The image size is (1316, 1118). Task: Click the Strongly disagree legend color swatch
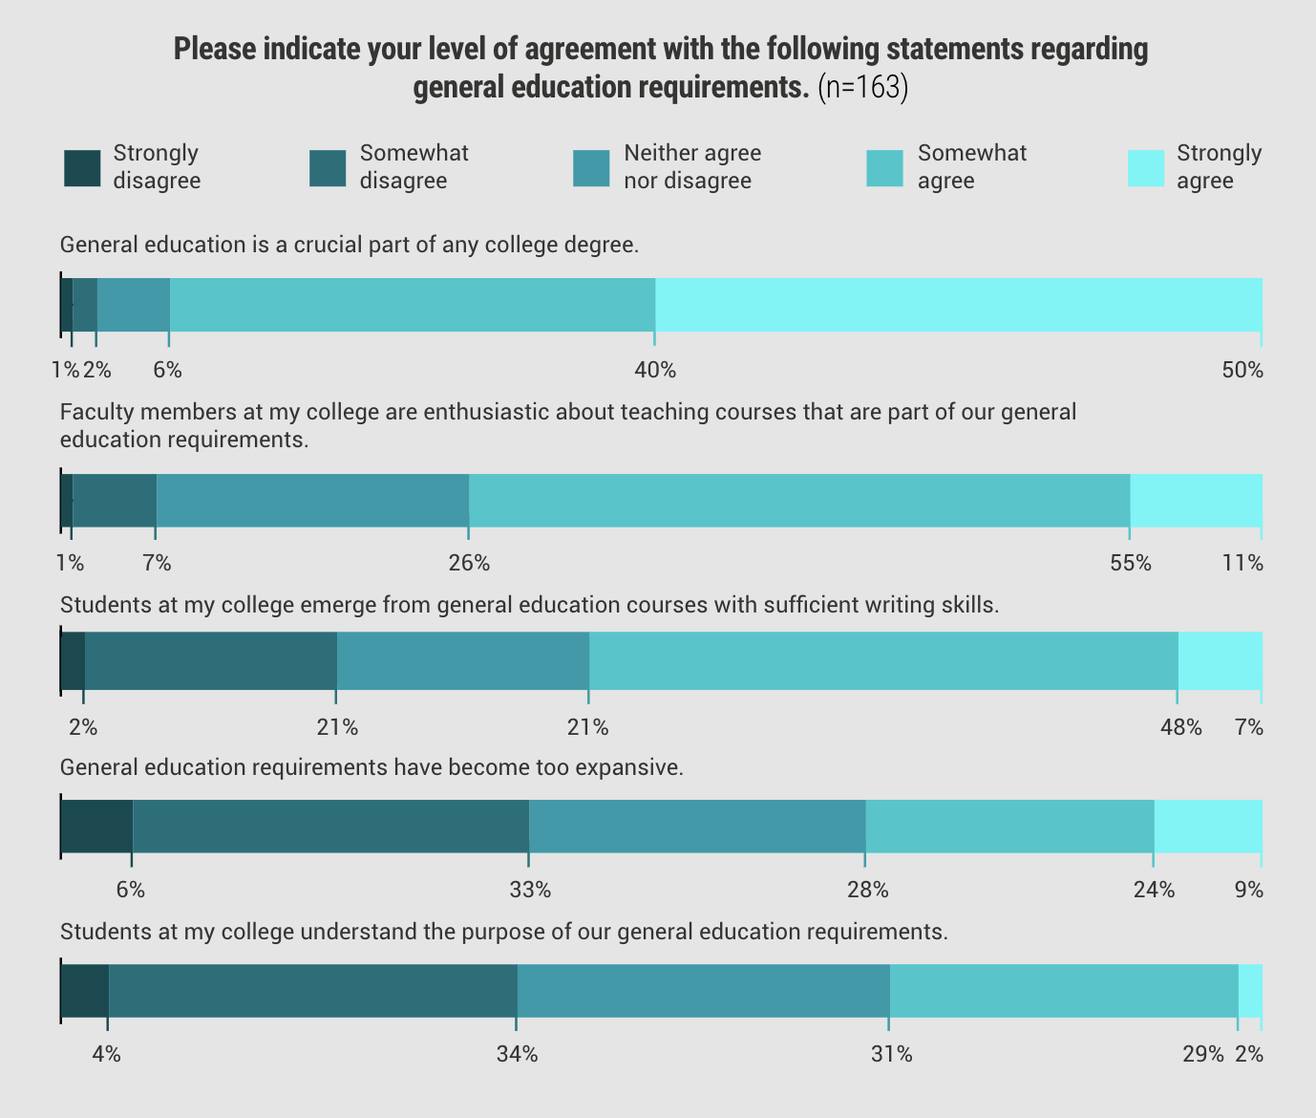[82, 168]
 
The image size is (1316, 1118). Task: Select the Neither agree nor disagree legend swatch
[591, 168]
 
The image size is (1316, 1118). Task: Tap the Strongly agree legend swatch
[1146, 168]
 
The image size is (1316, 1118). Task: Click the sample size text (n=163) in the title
[862, 87]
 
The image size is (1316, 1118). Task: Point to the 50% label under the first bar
[1242, 371]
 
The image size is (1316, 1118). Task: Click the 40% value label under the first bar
[655, 371]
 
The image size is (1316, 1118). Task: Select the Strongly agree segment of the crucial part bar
[958, 305]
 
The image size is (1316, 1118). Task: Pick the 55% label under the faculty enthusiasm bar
[1131, 564]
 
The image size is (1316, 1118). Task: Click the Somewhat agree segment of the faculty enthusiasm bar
[799, 500]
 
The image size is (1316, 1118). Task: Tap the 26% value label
[469, 564]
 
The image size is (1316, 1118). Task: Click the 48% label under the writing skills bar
[1180, 728]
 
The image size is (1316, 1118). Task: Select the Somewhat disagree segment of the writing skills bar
[211, 659]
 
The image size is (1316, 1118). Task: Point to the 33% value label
[530, 891]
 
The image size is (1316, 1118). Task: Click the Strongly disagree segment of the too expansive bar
[96, 826]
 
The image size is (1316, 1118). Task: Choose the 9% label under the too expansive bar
[1248, 891]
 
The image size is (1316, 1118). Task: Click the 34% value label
[517, 1055]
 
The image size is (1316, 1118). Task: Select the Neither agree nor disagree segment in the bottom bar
[703, 991]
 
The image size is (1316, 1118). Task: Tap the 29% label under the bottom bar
[1202, 1055]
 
